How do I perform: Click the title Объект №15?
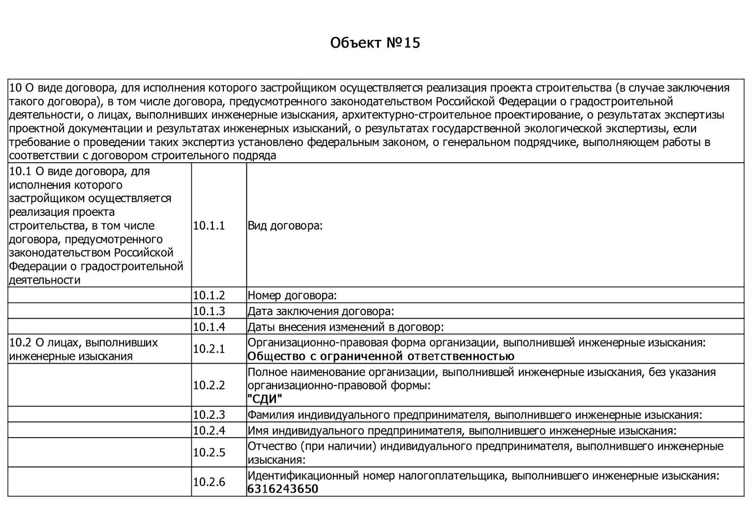pos(375,43)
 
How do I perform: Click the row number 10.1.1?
pos(209,226)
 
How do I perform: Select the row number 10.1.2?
pos(209,295)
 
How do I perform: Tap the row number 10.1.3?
pos(209,311)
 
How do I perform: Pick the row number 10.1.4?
pos(209,327)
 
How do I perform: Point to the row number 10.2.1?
pos(209,349)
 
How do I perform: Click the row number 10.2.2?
pos(209,385)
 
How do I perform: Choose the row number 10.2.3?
pos(209,414)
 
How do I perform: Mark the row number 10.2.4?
pos(209,431)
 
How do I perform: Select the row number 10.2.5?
pos(209,452)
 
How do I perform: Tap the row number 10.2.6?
pos(209,482)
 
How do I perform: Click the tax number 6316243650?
pos(283,489)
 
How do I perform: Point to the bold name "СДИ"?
pos(265,399)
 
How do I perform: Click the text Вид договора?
pos(285,226)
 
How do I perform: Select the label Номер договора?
pos(292,295)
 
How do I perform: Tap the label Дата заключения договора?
pos(321,311)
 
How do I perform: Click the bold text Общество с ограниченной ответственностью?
pos(381,356)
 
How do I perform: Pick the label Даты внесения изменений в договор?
pos(345,327)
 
